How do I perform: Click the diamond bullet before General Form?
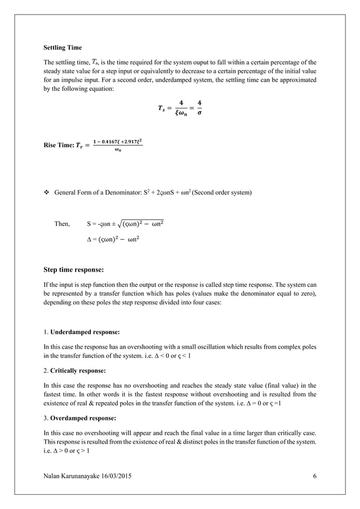pyautogui.click(x=46, y=193)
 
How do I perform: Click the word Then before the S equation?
pyautogui.click(x=62, y=224)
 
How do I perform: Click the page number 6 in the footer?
pyautogui.click(x=314, y=477)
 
